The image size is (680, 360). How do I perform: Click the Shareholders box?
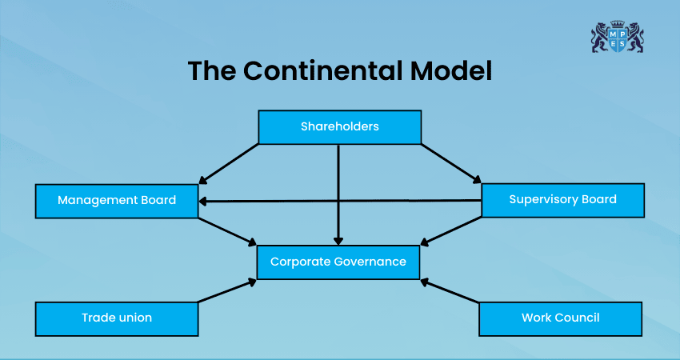(340, 126)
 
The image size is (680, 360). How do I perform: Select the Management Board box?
(117, 200)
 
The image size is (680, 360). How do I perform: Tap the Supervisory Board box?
(562, 199)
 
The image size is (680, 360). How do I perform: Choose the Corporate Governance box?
(338, 262)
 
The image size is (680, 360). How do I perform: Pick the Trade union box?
(117, 318)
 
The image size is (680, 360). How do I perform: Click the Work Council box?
(560, 318)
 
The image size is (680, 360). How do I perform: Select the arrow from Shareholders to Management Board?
(229, 164)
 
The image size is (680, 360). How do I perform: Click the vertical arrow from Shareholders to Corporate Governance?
(339, 192)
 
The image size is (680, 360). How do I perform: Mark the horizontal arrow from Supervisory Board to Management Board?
(340, 201)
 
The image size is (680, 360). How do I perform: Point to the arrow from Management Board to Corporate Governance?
(227, 231)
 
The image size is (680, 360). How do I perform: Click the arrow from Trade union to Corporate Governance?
(227, 290)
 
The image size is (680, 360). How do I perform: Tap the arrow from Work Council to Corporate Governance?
(450, 290)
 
